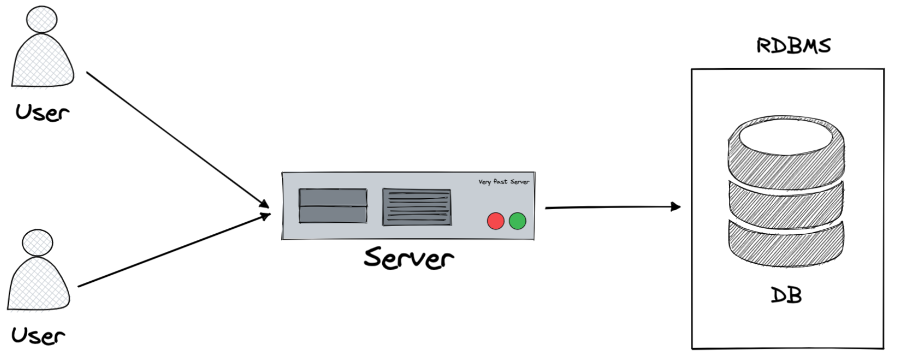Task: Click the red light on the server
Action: coord(495,221)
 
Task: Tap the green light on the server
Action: coord(517,221)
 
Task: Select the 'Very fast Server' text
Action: coord(504,182)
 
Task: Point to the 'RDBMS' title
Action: coord(793,46)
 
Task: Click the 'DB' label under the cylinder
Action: coord(786,295)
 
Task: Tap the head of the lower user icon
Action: coord(37,242)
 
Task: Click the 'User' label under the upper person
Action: coord(42,112)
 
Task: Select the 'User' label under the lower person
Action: coord(38,336)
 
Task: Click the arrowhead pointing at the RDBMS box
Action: coord(675,207)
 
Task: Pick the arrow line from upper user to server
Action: coord(177,139)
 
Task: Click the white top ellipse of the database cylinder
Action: coord(785,135)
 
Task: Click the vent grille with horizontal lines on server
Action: coord(417,207)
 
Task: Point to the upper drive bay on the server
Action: coord(333,197)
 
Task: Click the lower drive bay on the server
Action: coord(333,215)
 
